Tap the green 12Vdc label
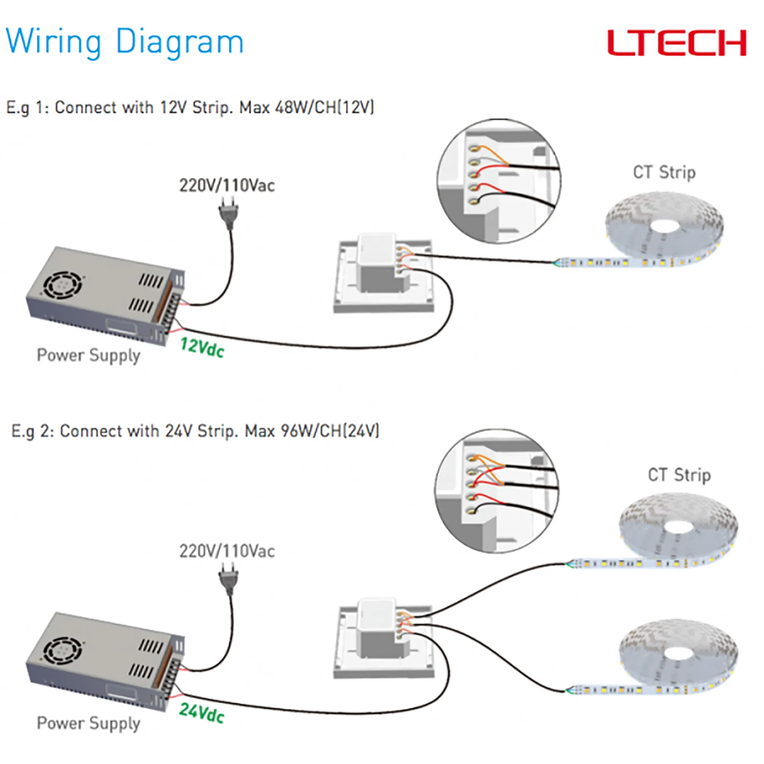coord(202,348)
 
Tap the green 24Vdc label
coord(201,713)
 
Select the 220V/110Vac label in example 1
coord(227,186)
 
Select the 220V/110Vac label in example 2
coord(227,551)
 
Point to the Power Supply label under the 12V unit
coord(89,355)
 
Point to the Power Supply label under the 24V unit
coord(89,723)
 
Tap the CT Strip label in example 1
coord(664,172)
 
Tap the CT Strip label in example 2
coord(679,475)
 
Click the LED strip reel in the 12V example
coord(664,227)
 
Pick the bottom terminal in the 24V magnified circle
coord(471,510)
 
